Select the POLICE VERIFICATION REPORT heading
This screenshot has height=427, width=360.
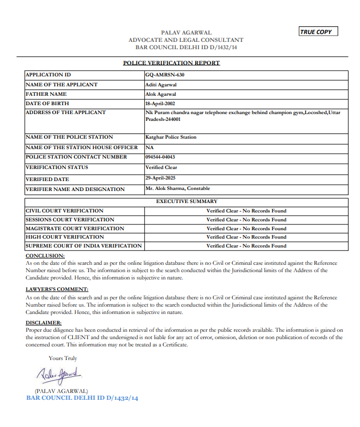(171, 63)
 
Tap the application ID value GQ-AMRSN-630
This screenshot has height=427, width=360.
(165, 75)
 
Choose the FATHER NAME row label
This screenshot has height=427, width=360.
(46, 94)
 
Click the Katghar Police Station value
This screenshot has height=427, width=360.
(171, 137)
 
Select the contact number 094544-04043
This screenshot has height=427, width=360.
(160, 157)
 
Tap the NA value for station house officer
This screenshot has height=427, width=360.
(150, 147)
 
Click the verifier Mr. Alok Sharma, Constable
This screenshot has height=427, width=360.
(178, 188)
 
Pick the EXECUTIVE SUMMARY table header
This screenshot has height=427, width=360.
(187, 201)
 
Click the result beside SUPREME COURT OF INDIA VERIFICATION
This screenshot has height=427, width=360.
(246, 246)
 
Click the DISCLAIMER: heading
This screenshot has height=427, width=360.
(44, 323)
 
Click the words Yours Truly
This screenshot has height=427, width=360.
(63, 358)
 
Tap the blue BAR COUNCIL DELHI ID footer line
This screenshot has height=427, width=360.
(82, 398)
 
